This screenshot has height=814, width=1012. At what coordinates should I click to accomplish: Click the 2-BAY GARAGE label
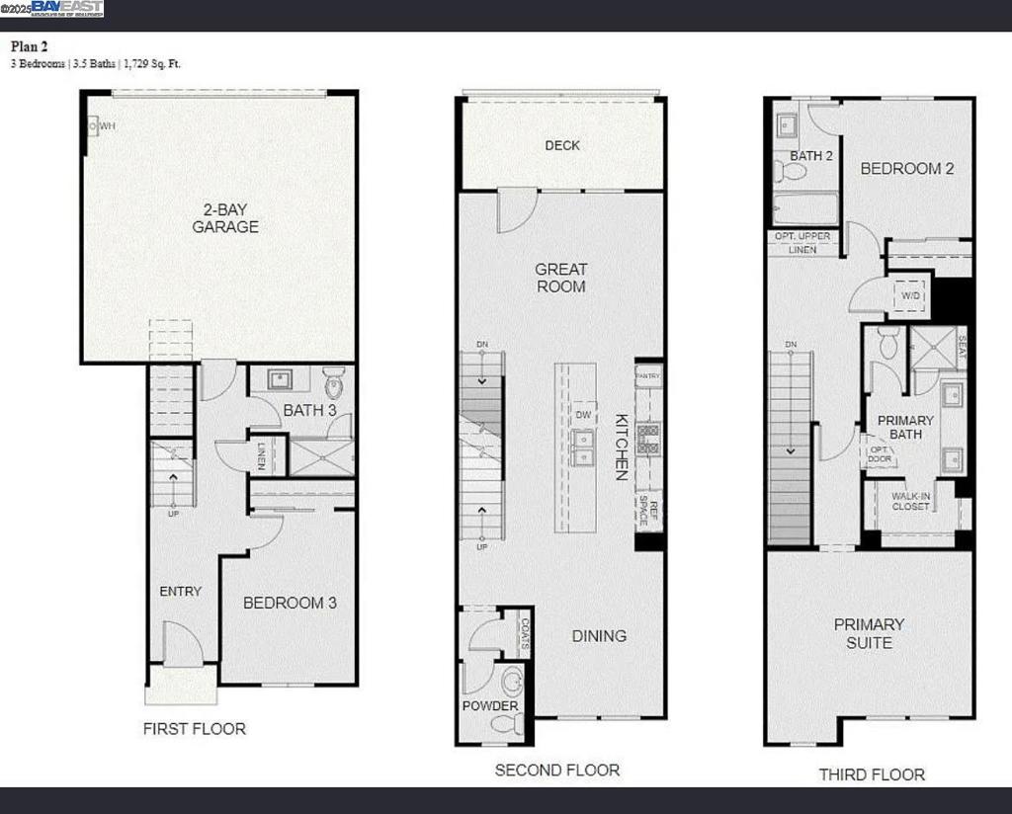click(x=225, y=218)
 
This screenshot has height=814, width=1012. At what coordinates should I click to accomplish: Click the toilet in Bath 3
click(x=334, y=381)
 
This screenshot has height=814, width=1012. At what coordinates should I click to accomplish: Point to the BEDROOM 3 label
click(x=290, y=603)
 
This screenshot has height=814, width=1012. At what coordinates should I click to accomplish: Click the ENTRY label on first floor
click(x=180, y=592)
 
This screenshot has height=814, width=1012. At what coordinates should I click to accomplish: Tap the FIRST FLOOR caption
click(x=195, y=729)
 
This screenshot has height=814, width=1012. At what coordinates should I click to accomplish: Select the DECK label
click(x=562, y=145)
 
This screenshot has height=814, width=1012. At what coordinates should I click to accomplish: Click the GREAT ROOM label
click(x=560, y=278)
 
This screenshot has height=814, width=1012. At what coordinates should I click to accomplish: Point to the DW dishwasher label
click(x=583, y=416)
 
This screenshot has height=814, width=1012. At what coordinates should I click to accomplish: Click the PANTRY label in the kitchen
click(x=648, y=376)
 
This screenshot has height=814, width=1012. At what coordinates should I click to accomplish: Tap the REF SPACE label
click(x=652, y=510)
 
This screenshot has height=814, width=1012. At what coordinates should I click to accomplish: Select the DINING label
click(x=599, y=636)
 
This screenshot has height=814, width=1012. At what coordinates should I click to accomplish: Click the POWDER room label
click(x=490, y=706)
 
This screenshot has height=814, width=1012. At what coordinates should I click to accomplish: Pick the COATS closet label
click(x=524, y=637)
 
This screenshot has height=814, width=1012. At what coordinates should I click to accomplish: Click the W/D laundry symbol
click(x=910, y=293)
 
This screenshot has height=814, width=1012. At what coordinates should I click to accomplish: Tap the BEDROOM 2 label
click(x=906, y=169)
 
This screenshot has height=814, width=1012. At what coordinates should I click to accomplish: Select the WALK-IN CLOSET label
click(x=910, y=501)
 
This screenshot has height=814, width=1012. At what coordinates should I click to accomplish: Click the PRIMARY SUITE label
click(x=869, y=633)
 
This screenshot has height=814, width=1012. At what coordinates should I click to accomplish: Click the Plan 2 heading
click(x=31, y=45)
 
